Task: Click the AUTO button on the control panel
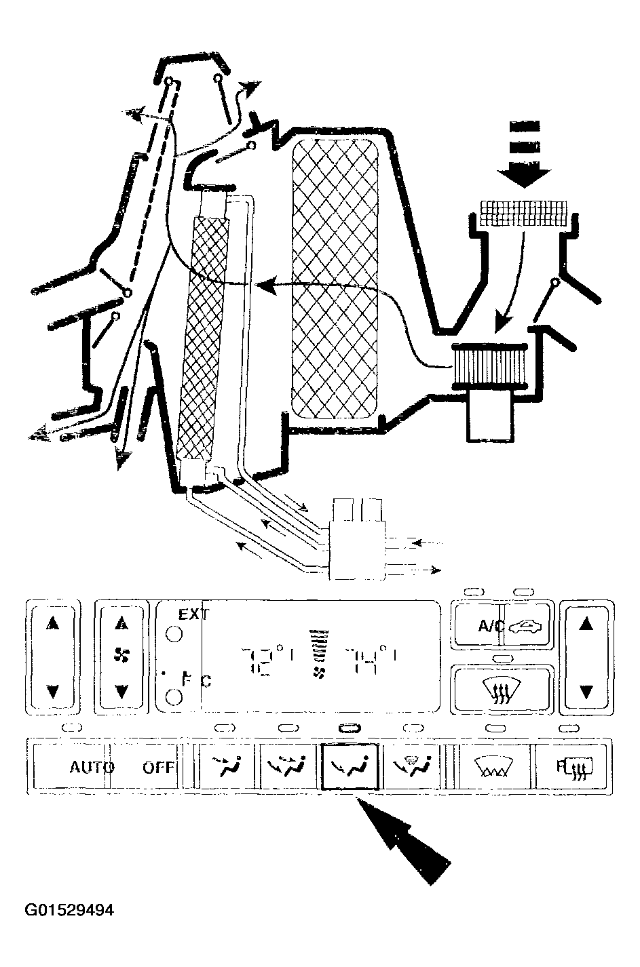(x=92, y=768)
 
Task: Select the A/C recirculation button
(x=503, y=626)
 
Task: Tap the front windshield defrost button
(x=503, y=690)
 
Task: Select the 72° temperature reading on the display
(x=267, y=659)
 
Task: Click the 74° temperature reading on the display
(x=369, y=659)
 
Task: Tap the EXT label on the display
(x=193, y=615)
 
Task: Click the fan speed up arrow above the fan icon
(x=121, y=623)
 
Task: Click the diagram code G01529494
(x=69, y=910)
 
